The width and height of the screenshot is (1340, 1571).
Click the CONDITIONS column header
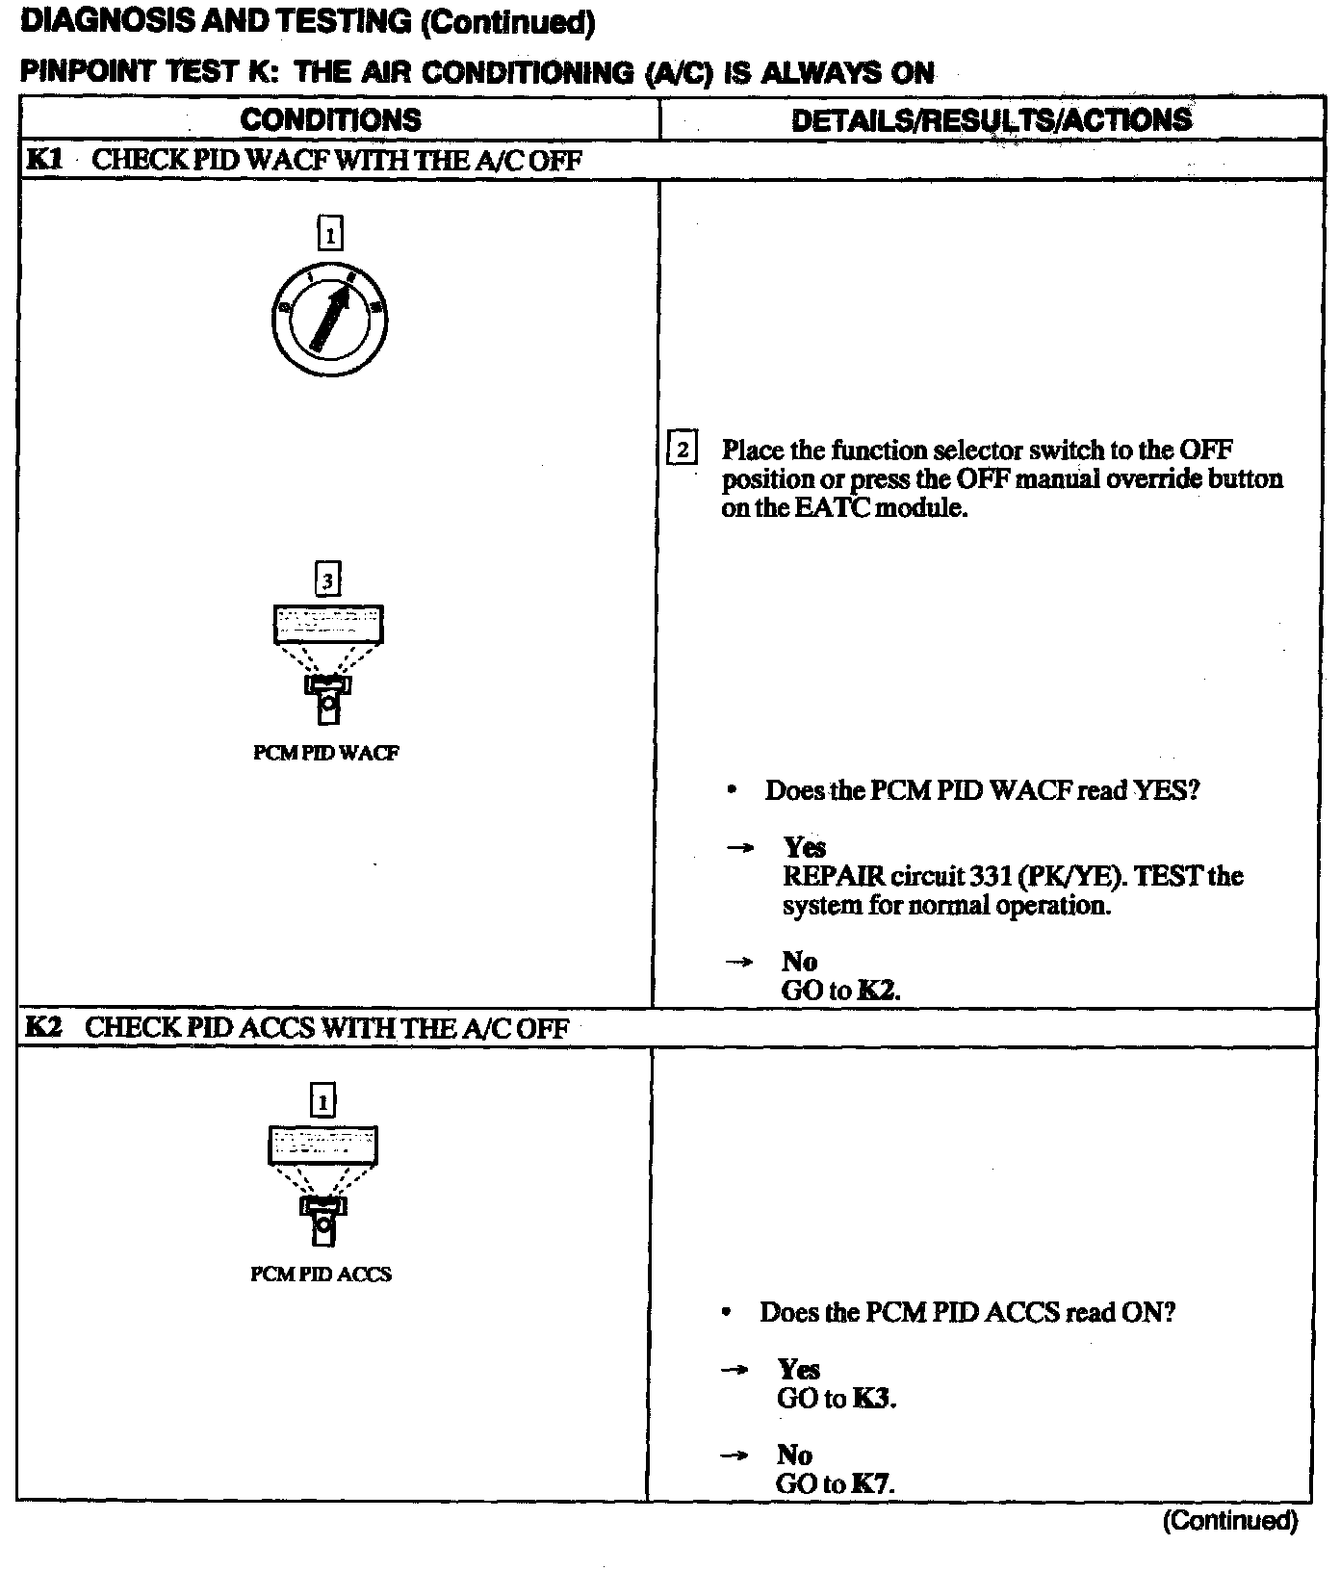(x=330, y=119)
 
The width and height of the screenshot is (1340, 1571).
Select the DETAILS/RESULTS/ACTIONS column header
(x=991, y=119)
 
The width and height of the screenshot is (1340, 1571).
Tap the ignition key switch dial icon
(x=328, y=318)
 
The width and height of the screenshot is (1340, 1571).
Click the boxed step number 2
(x=682, y=450)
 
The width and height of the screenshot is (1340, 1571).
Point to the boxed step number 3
(x=328, y=579)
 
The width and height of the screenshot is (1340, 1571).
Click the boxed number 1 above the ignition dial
(x=330, y=234)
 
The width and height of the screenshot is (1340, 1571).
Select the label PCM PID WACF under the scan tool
(x=325, y=753)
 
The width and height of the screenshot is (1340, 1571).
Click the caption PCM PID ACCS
(x=322, y=1274)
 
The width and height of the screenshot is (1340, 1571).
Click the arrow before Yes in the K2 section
(x=736, y=1370)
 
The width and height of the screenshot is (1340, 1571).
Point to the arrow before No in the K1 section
(x=739, y=962)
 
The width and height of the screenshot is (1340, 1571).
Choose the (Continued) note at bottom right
(x=1229, y=1521)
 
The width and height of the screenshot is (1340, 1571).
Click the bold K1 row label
(x=43, y=159)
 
